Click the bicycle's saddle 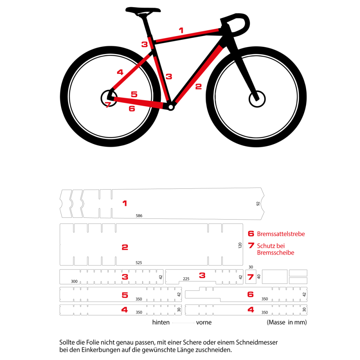click(143, 10)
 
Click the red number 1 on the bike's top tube click(181, 30)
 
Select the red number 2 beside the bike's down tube click(198, 86)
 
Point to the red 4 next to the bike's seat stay click(120, 72)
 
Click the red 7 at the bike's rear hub click(107, 105)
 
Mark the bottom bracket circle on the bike click(170, 106)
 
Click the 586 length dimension click(139, 216)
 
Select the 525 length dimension click(139, 262)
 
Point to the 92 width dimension click(258, 203)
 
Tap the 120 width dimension click(240, 246)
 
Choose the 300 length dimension click(74, 281)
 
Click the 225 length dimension click(186, 279)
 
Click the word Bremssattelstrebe click(281, 234)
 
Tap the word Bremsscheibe click(275, 253)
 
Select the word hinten click(161, 323)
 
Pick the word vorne click(204, 323)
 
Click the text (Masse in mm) click(287, 323)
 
